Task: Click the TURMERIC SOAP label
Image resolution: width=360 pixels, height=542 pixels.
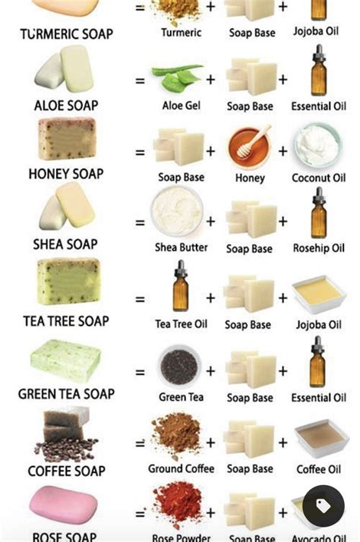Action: pos(67,34)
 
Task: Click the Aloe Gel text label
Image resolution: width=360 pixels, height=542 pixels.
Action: pos(182,106)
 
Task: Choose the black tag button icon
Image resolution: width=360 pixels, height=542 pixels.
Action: pos(323,506)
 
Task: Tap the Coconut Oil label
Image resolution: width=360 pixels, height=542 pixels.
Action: pos(318,178)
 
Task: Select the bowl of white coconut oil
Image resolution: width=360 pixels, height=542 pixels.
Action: pos(318,145)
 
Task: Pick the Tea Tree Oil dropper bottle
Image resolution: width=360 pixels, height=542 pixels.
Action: pos(181,288)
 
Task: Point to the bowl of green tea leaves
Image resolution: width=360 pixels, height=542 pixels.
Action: pos(179,365)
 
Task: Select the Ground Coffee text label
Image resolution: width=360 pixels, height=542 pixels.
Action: pos(181,469)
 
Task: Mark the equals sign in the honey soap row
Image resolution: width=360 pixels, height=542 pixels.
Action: pos(140,152)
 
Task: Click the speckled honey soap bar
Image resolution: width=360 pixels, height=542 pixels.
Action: pos(67,139)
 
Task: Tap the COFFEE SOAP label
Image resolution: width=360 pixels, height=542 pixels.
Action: pos(67,471)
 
